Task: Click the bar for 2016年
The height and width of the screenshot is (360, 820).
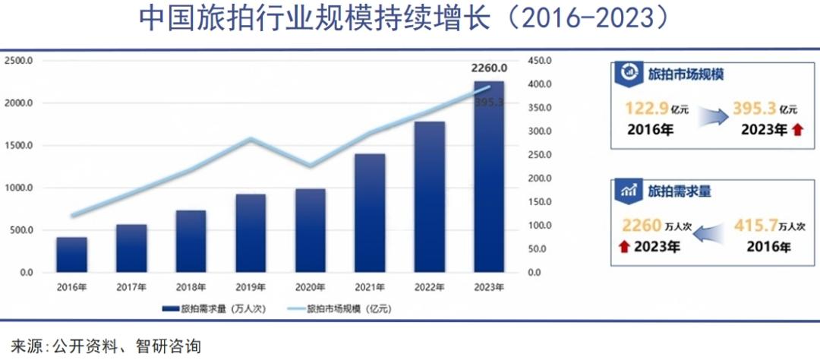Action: pos(71,254)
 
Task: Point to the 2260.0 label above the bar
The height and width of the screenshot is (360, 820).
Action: pos(489,68)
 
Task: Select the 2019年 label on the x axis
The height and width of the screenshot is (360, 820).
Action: pos(250,286)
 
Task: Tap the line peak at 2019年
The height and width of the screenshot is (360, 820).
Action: pos(251,139)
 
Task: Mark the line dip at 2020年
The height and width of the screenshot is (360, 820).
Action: pos(310,166)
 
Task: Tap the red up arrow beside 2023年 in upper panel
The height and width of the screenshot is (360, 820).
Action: pos(796,131)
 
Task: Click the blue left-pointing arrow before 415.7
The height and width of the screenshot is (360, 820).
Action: pos(709,233)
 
